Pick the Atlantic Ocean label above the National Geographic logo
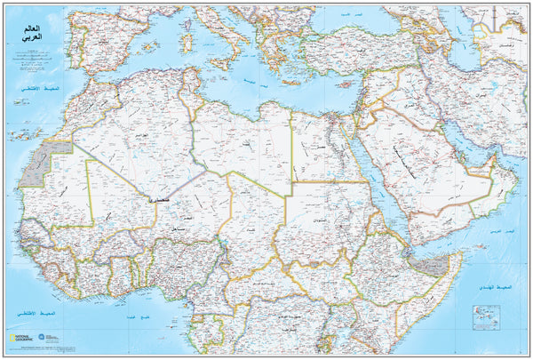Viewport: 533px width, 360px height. [31, 316]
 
